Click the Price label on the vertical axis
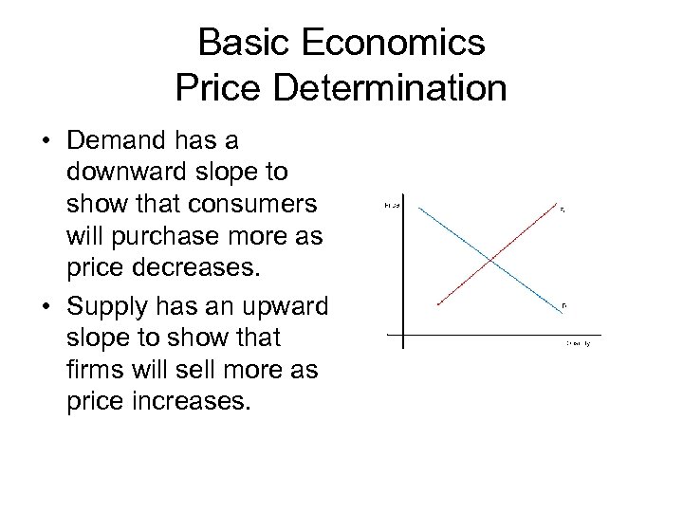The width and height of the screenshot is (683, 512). (392, 205)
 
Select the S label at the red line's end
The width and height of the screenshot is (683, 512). (563, 210)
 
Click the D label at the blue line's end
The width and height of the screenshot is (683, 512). (563, 305)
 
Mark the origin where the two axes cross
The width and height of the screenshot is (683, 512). (402, 334)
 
